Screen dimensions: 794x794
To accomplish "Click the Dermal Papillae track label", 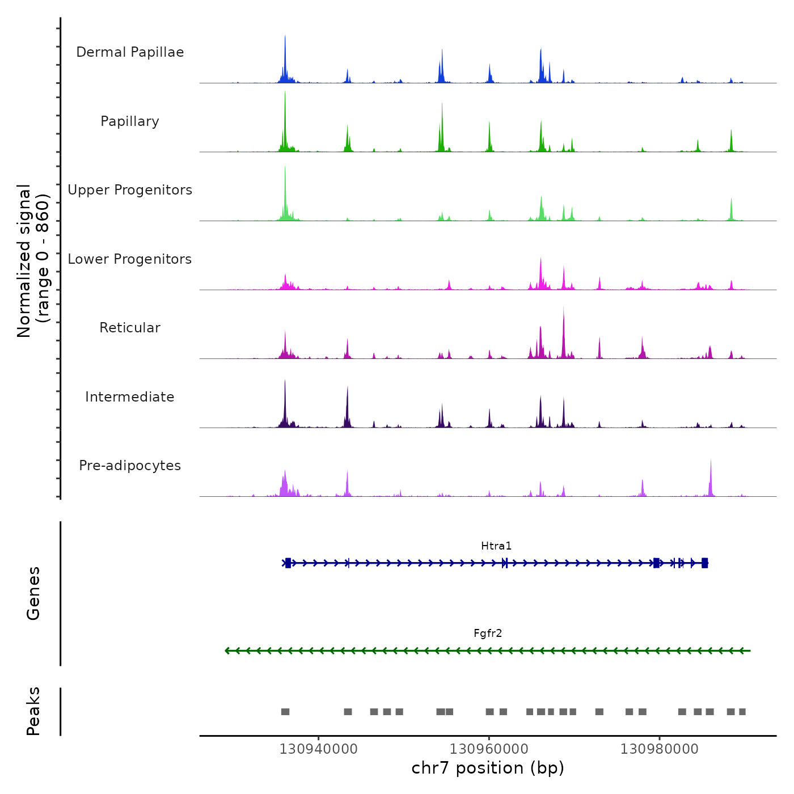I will (x=130, y=52).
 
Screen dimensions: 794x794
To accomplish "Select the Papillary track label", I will (x=130, y=121).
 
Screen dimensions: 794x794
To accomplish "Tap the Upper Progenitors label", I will (x=130, y=190).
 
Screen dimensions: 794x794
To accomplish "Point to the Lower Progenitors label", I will (x=130, y=259).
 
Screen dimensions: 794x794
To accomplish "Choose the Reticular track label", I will (x=130, y=328).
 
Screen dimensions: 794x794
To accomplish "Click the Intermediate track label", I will (x=130, y=397).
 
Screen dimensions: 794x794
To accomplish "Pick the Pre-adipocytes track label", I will (x=130, y=466).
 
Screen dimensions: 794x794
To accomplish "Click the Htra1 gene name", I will (x=496, y=546).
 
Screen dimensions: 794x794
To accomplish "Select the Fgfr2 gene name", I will (x=488, y=633).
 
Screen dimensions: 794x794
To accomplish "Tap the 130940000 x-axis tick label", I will (x=318, y=749).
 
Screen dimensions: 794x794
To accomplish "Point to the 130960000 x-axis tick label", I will (x=489, y=749).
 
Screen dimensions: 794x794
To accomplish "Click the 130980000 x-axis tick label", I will (x=660, y=749).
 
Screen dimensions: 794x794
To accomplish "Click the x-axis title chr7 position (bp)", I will (x=488, y=768).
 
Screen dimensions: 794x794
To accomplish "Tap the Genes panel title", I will (x=33, y=593).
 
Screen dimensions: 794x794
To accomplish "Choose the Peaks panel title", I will (x=33, y=711).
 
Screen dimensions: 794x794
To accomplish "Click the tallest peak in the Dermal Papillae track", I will (x=285, y=37).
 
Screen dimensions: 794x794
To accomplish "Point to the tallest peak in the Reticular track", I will (x=564, y=310).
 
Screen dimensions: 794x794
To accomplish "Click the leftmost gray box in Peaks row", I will (x=285, y=712).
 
